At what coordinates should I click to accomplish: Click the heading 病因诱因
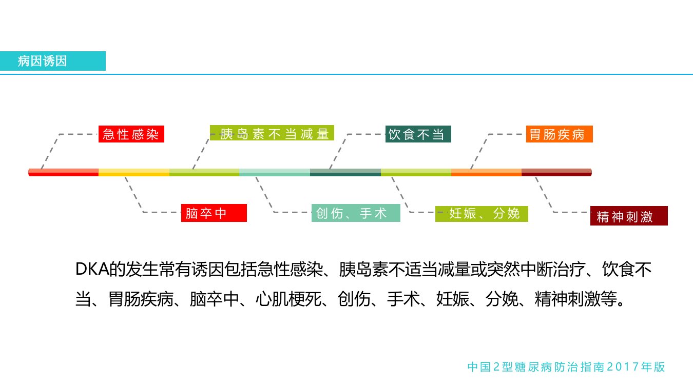[x=42, y=61]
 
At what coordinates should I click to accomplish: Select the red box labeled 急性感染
[x=131, y=134]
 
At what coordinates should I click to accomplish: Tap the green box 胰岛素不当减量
[x=272, y=133]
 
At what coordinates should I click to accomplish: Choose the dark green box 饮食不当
[x=418, y=134]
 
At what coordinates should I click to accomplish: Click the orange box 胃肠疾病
[x=560, y=134]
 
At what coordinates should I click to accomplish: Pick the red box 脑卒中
[x=214, y=213]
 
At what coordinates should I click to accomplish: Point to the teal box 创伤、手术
[x=356, y=213]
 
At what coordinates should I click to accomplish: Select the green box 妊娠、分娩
[x=482, y=214]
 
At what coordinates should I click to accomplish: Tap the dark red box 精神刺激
[x=629, y=216]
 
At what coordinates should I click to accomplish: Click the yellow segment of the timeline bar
[x=134, y=172]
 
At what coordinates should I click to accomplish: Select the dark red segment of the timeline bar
[x=556, y=172]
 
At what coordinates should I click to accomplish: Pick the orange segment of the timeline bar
[x=486, y=172]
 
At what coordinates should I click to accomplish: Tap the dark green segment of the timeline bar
[x=345, y=172]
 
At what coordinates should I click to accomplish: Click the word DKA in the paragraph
[x=92, y=269]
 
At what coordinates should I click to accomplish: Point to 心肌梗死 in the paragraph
[x=288, y=299]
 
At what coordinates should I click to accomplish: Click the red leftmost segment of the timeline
[x=64, y=172]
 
